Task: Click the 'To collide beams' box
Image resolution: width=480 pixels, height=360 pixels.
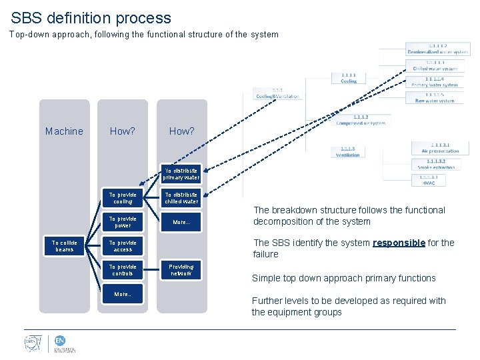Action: pos(65,246)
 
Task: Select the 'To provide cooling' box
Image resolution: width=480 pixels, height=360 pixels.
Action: pos(123,198)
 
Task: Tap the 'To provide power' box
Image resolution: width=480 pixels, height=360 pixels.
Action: pos(123,222)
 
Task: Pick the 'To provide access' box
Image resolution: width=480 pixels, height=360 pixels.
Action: pos(123,246)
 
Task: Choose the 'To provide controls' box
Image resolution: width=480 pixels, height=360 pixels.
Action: pos(123,270)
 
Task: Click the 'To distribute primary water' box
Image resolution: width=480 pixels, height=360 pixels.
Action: pos(181,174)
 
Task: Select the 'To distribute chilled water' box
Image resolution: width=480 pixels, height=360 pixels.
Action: pos(181,198)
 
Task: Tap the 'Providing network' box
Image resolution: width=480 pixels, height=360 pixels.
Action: pos(181,270)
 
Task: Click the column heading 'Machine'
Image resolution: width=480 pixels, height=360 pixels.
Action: pos(64,131)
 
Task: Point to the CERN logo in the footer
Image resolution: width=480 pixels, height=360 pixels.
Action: pos(31,344)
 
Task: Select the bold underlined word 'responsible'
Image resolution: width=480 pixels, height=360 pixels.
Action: pos(399,243)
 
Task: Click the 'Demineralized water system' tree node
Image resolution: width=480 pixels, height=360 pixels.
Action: pos(437,48)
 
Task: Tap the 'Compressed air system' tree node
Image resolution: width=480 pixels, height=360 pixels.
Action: pos(360,119)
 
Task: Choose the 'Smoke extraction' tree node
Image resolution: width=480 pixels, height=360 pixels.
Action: pos(435,164)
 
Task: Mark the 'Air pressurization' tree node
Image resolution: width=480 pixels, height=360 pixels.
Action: pos(435,147)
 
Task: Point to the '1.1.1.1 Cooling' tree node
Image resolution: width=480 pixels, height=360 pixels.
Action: pos(348,78)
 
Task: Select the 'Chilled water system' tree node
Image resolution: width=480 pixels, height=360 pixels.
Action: pos(435,65)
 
